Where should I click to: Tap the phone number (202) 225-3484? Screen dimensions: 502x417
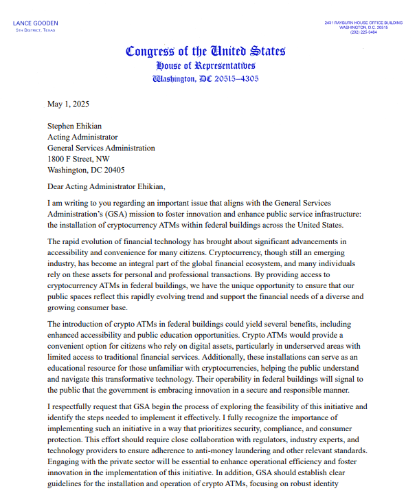click(x=364, y=32)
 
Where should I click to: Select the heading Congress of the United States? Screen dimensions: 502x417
click(x=205, y=51)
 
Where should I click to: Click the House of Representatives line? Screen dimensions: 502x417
click(x=205, y=65)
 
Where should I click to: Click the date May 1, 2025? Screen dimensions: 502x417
click(x=68, y=105)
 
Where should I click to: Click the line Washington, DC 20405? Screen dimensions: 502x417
click(x=86, y=170)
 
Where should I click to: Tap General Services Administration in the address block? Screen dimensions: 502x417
click(x=101, y=148)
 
